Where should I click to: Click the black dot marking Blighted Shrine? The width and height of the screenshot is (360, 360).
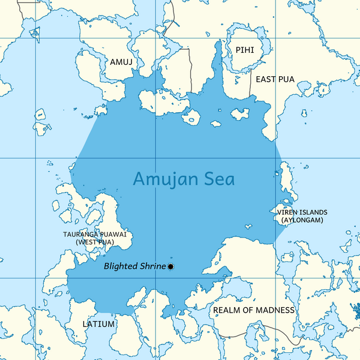[171, 266]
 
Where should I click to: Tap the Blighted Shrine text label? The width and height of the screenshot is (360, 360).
[134, 266]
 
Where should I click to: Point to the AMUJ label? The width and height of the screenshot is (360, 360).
[121, 62]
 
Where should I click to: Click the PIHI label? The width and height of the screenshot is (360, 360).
[245, 50]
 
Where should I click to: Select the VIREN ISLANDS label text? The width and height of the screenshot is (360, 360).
[302, 212]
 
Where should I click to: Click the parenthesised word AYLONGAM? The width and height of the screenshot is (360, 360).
[302, 220]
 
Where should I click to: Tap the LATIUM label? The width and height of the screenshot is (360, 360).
[98, 324]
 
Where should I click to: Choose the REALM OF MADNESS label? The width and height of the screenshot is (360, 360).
[254, 310]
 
